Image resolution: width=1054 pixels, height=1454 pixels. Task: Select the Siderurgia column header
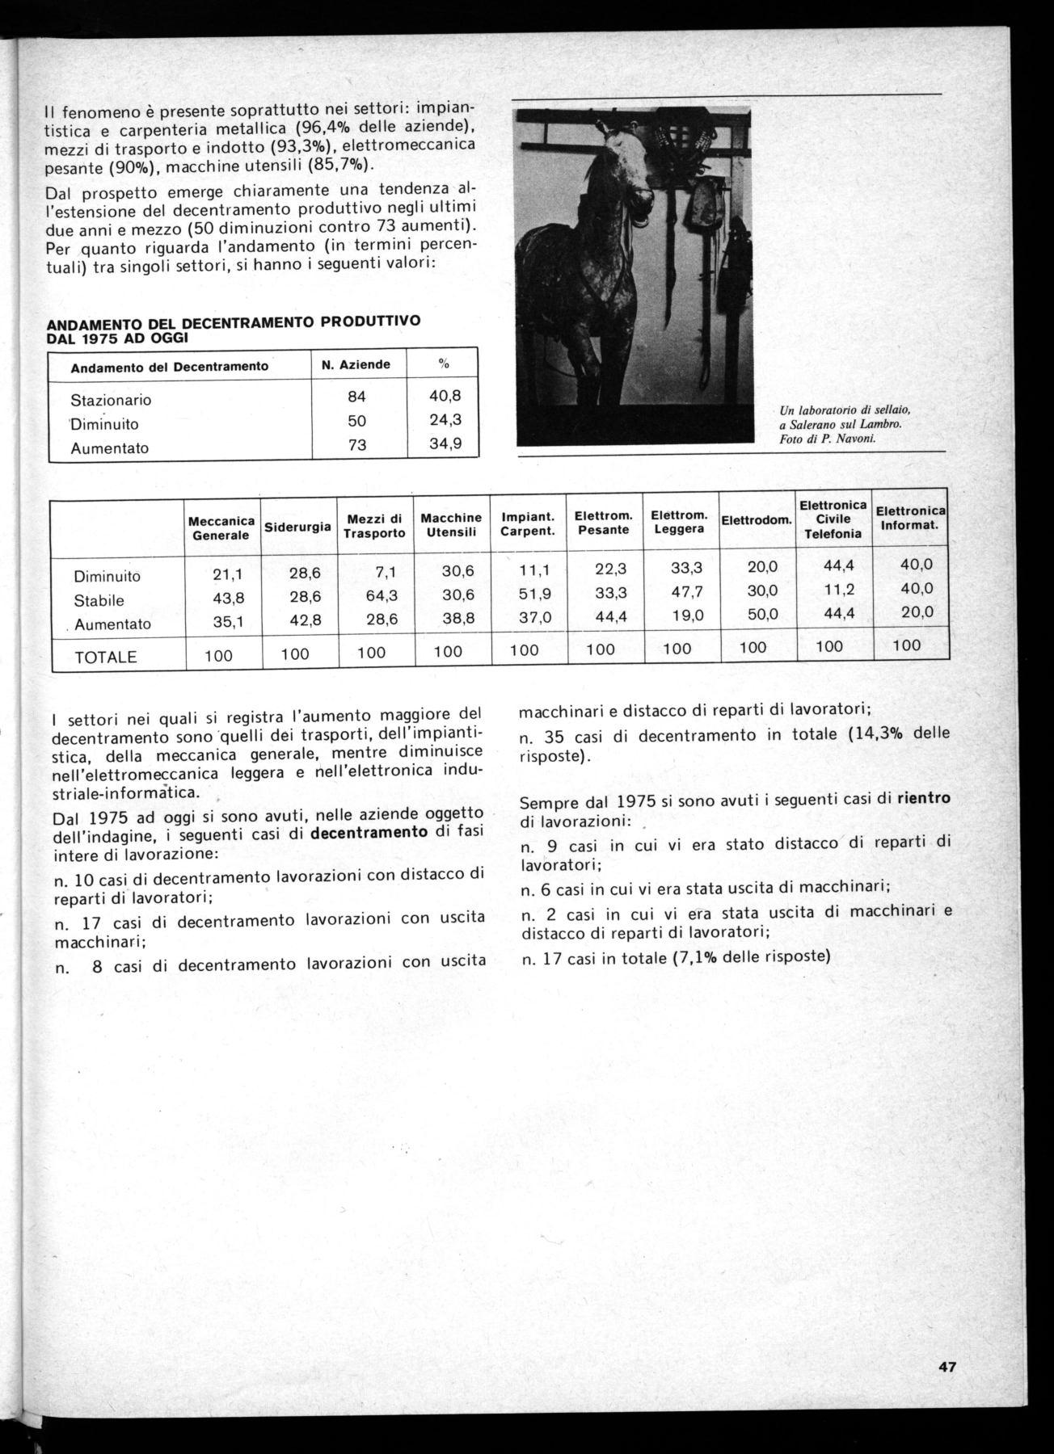click(297, 527)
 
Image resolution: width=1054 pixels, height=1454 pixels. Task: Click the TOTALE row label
click(106, 658)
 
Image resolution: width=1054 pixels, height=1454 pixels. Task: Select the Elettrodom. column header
click(757, 520)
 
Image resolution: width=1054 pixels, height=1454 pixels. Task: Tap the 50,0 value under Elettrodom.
click(762, 613)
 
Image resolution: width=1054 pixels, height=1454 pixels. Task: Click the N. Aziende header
click(356, 364)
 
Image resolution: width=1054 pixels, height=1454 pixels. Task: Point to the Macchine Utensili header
click(451, 524)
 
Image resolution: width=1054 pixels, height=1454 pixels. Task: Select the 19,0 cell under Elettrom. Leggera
click(688, 616)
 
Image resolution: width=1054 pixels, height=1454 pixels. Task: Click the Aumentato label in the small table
click(110, 448)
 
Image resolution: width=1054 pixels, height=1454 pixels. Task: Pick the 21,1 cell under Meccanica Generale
click(229, 575)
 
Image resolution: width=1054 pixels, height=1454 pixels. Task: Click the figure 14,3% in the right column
click(879, 735)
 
